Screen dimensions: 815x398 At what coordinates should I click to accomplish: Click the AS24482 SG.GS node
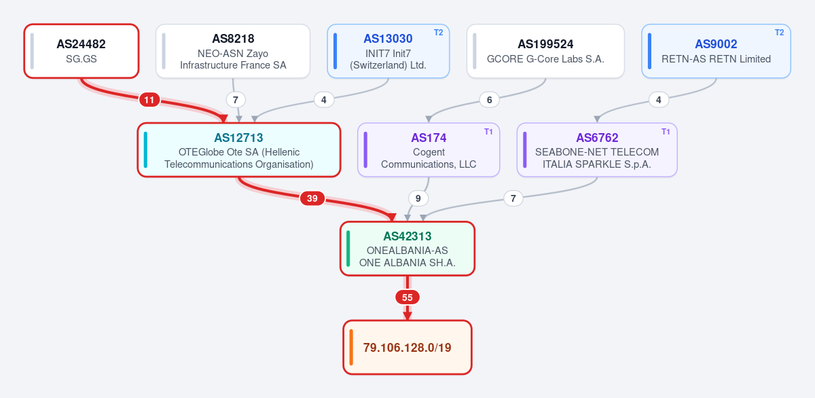pyautogui.click(x=81, y=51)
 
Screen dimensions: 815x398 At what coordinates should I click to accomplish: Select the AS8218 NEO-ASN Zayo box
pyautogui.click(x=233, y=51)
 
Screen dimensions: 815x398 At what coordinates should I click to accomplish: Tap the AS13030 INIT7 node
pyautogui.click(x=388, y=51)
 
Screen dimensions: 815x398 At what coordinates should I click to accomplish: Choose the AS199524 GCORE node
pyautogui.click(x=545, y=51)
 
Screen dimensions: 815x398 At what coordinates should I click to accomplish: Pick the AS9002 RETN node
pyautogui.click(x=716, y=51)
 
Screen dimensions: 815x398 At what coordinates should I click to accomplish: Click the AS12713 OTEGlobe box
pyautogui.click(x=238, y=150)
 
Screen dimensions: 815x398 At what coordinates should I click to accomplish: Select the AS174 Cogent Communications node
pyautogui.click(x=429, y=150)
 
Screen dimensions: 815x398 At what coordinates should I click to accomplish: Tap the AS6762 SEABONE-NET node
pyautogui.click(x=597, y=150)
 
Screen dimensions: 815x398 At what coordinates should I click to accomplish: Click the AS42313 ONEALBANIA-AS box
pyautogui.click(x=407, y=249)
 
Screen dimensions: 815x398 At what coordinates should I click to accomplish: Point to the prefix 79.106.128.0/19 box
pyautogui.click(x=407, y=348)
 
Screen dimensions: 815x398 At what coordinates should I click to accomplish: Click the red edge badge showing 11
pyautogui.click(x=149, y=100)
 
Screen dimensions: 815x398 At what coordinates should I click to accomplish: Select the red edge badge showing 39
pyautogui.click(x=312, y=198)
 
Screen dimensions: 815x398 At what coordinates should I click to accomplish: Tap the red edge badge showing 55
pyautogui.click(x=407, y=297)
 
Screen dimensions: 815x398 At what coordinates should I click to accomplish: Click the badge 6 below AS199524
pyautogui.click(x=490, y=100)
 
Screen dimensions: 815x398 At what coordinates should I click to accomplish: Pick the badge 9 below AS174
pyautogui.click(x=418, y=198)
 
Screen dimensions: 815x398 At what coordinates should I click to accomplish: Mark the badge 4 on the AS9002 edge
pyautogui.click(x=659, y=100)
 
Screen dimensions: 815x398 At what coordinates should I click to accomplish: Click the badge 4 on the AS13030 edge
pyautogui.click(x=324, y=100)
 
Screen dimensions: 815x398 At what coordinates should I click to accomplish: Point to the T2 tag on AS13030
pyautogui.click(x=439, y=33)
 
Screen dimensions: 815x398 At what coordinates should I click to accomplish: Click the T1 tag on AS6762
pyautogui.click(x=666, y=131)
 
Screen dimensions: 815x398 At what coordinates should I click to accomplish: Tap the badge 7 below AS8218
pyautogui.click(x=236, y=100)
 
